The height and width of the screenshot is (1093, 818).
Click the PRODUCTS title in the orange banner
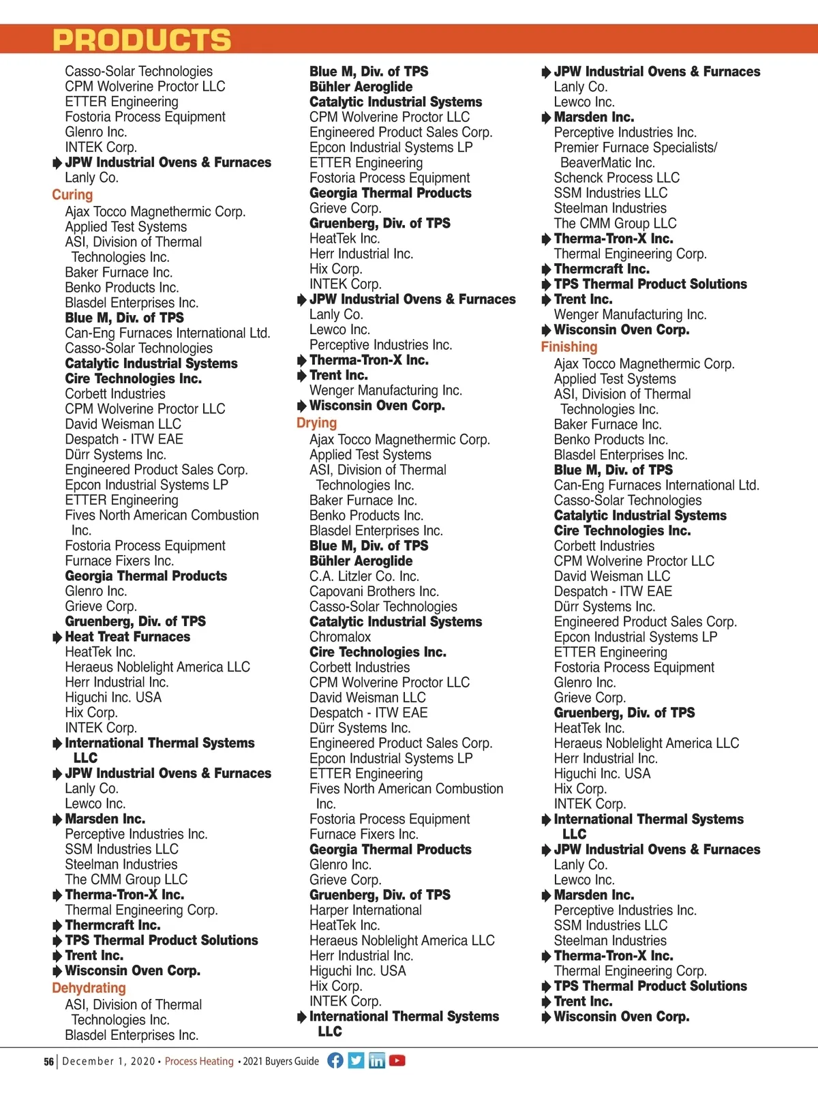pos(142,40)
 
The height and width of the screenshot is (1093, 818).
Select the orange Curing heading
pos(72,195)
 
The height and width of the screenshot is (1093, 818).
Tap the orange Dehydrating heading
pos(89,988)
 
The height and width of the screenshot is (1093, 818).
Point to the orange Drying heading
pos(316,423)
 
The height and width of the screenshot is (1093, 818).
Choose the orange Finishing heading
pos(569,347)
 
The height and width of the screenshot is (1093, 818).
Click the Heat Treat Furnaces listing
pos(127,637)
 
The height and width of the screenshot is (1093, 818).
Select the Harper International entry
pos(365,910)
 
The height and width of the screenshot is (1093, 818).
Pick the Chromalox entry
pos(340,637)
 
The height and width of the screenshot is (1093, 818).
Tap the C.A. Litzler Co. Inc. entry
pos(364,576)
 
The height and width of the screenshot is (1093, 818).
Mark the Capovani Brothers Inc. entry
pos(374,591)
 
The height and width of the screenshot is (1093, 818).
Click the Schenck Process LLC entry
pos(616,178)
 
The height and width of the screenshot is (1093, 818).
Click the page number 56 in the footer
pos(48,1062)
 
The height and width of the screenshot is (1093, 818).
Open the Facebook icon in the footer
pos(335,1060)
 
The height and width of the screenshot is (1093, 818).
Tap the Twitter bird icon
pos(356,1060)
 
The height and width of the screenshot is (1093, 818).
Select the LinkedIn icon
pos(376,1060)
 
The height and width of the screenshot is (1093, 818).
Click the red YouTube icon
pos(397,1060)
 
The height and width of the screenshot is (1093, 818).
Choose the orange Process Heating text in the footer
pos(199,1062)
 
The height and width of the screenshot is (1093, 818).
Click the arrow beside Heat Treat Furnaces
pos(57,638)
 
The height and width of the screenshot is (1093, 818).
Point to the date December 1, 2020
pos(108,1062)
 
